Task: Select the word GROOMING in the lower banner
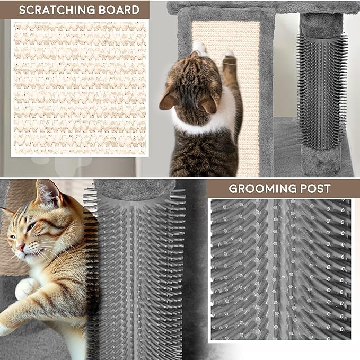click(260, 188)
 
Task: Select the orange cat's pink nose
click(20, 247)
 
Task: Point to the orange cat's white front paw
click(24, 288)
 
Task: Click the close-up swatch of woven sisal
click(80, 87)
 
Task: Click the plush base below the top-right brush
click(321, 159)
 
